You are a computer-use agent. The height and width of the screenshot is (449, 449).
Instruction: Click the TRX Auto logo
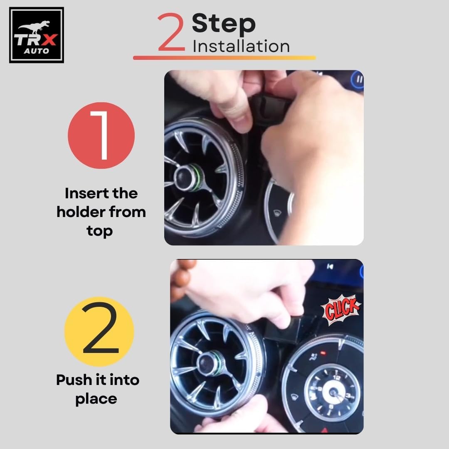(x=36, y=35)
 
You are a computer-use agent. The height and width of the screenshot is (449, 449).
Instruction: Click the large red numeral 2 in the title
(x=171, y=32)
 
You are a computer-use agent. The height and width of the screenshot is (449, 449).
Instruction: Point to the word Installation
(x=241, y=47)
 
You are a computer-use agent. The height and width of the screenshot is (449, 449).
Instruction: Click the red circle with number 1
(x=101, y=136)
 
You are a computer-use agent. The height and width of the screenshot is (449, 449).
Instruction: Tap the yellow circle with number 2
(x=99, y=332)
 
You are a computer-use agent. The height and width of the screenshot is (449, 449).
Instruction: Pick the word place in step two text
(x=96, y=399)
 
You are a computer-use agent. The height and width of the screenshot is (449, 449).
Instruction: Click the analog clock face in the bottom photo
(x=333, y=392)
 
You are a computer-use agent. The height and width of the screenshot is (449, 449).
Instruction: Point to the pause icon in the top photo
(x=358, y=79)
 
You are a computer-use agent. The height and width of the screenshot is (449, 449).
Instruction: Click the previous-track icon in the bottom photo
(x=330, y=266)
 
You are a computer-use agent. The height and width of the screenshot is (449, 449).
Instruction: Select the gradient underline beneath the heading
(x=224, y=58)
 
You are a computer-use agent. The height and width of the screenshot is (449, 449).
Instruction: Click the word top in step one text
(x=99, y=232)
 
